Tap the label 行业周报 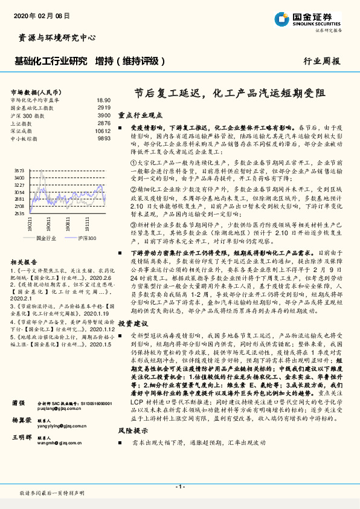[x=321, y=61]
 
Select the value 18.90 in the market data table [x=103, y=100]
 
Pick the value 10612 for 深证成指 [x=103, y=131]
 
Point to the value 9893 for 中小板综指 [x=104, y=138]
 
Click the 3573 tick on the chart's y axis [x=19, y=171]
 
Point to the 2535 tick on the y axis [x=19, y=213]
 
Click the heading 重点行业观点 [x=140, y=115]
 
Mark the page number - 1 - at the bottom [x=179, y=486]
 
